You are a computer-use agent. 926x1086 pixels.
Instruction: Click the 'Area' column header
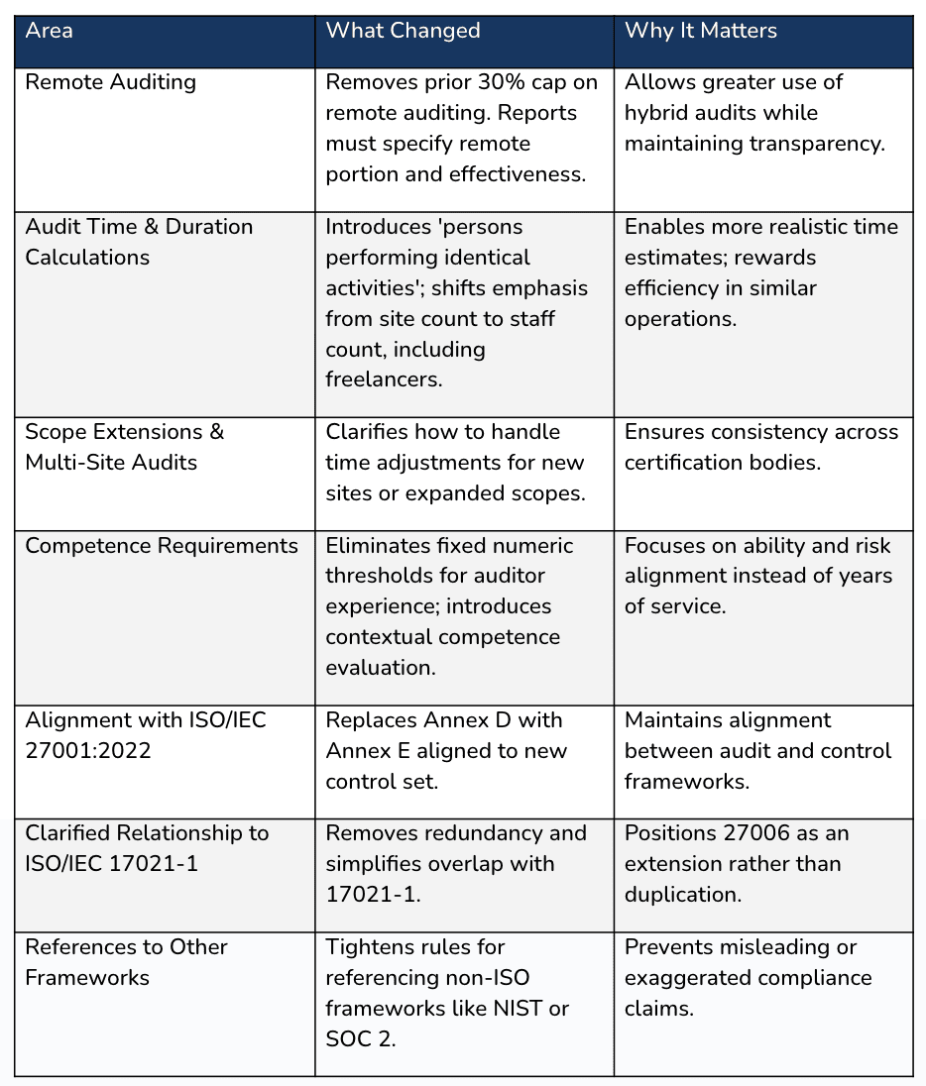[x=49, y=31]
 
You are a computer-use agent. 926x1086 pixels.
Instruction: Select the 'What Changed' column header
[x=403, y=31]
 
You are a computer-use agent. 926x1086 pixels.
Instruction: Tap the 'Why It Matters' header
[x=700, y=31]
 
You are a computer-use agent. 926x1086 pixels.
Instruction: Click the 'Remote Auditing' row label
[x=110, y=82]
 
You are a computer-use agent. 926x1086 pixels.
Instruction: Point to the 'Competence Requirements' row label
[x=161, y=546]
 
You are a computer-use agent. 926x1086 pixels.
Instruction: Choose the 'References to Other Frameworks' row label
[x=126, y=962]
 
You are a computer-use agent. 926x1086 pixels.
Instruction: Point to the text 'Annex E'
[x=364, y=750]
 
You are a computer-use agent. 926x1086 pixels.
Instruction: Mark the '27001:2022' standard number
[x=87, y=750]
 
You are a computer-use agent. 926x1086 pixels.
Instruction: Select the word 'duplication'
[x=681, y=894]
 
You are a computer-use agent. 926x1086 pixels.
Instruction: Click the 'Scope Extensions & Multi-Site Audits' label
[x=124, y=447]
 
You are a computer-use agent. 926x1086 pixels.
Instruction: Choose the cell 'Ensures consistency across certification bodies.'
[x=761, y=447]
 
